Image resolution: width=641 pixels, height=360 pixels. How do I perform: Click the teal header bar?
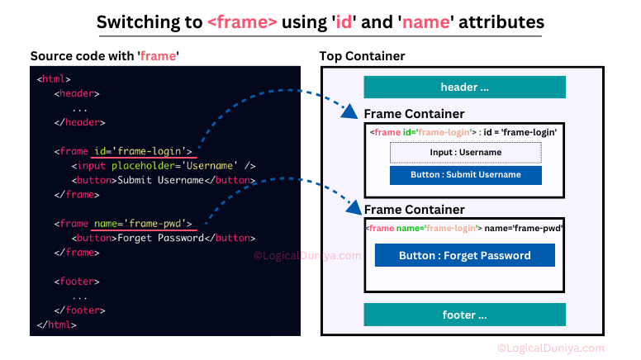[464, 87]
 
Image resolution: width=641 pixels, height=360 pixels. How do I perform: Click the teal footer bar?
[464, 315]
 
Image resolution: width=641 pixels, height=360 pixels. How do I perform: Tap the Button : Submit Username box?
[466, 175]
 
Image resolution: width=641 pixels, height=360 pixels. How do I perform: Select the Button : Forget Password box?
[465, 255]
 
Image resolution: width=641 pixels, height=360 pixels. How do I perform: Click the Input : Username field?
[466, 153]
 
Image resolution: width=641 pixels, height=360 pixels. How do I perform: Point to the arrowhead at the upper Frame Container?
[349, 111]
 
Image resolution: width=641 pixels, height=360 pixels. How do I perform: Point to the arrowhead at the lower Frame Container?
[354, 207]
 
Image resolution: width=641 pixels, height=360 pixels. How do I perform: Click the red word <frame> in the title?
[242, 22]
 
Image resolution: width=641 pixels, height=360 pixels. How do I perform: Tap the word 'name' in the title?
[425, 22]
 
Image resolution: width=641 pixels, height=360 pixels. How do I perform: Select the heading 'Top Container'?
[362, 56]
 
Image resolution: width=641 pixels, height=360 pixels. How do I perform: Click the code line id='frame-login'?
[143, 151]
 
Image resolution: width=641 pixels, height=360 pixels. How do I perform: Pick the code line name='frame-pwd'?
[143, 224]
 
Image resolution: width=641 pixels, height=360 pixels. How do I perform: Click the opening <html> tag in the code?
[54, 79]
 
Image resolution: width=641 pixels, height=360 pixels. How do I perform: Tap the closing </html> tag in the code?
[56, 324]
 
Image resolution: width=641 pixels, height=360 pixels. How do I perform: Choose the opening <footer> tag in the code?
[77, 282]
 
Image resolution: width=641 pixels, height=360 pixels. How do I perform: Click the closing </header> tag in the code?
[80, 122]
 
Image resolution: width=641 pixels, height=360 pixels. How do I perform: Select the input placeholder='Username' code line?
[164, 166]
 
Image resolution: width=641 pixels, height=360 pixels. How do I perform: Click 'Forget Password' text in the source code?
[160, 238]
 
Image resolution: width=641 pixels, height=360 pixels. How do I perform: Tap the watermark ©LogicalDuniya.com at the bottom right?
[551, 348]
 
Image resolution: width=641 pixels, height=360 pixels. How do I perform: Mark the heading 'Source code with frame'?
[105, 56]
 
